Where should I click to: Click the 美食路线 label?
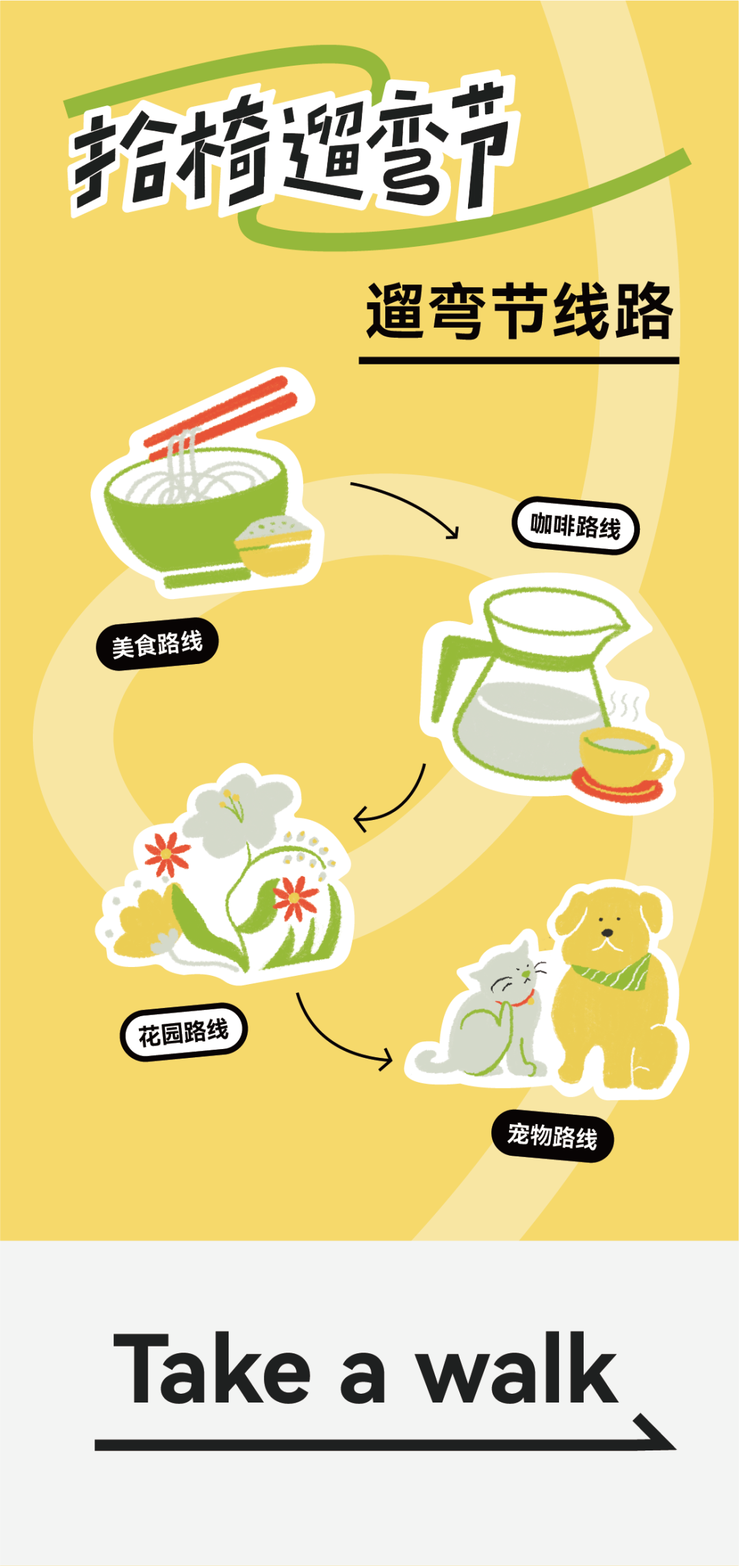[x=157, y=643]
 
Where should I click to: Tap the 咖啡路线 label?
[x=575, y=526]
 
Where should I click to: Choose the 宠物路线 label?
[x=552, y=1137]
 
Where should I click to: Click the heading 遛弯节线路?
[x=519, y=312]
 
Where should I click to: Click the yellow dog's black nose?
[x=606, y=932]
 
